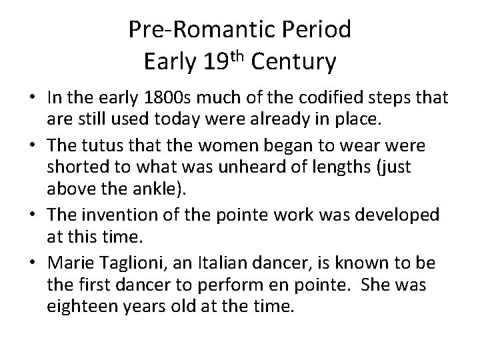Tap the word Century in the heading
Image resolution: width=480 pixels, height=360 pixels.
click(295, 63)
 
